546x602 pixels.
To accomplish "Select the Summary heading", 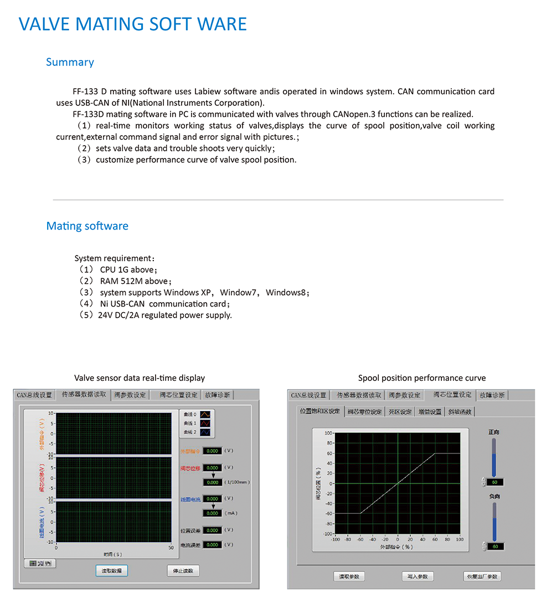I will click(70, 62).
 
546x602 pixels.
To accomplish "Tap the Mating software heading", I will click(87, 226).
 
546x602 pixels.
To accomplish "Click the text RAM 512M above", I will click(133, 281).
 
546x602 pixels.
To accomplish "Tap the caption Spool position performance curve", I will click(421, 378).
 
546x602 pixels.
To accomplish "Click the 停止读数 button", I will click(183, 571).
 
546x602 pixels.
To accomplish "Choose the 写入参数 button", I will click(417, 577).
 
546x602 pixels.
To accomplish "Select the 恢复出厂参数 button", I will click(482, 577).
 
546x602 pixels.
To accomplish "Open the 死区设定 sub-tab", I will click(400, 412).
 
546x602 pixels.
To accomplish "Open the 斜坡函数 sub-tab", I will click(460, 412).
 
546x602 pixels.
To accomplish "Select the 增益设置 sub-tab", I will click(430, 412).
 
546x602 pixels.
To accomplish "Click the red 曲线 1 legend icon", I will click(205, 423).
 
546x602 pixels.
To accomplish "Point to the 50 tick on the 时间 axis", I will click(171, 548).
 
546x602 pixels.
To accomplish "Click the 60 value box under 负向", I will click(495, 547).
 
